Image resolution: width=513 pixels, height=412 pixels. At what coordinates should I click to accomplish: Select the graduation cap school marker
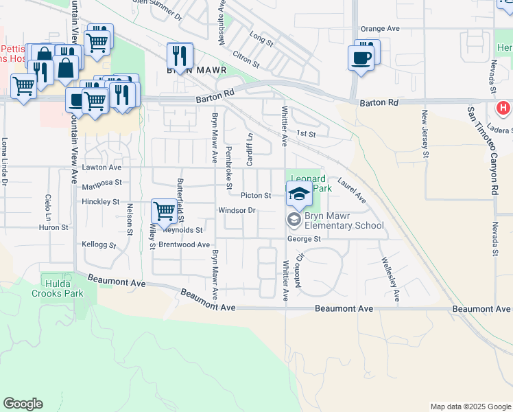[x=300, y=196]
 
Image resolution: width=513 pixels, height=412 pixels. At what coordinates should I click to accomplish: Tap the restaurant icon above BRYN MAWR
[x=180, y=56]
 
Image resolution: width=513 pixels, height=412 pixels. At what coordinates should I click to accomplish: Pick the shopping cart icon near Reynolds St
[x=165, y=211]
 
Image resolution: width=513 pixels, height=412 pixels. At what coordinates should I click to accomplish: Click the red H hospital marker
[x=503, y=108]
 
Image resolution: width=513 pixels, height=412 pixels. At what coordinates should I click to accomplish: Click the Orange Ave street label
[x=380, y=29]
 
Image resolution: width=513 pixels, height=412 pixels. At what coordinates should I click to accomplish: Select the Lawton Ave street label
[x=102, y=167]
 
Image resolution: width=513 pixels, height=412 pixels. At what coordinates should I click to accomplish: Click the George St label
[x=304, y=239]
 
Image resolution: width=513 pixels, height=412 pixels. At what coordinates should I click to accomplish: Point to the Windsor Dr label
[x=237, y=210]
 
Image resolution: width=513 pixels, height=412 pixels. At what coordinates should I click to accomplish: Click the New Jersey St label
[x=425, y=135]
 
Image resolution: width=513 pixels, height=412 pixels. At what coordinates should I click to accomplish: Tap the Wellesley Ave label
[x=388, y=280]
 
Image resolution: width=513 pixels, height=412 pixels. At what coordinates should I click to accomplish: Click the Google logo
[x=23, y=404]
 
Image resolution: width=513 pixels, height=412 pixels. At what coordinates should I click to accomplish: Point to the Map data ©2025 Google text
[x=470, y=407]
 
